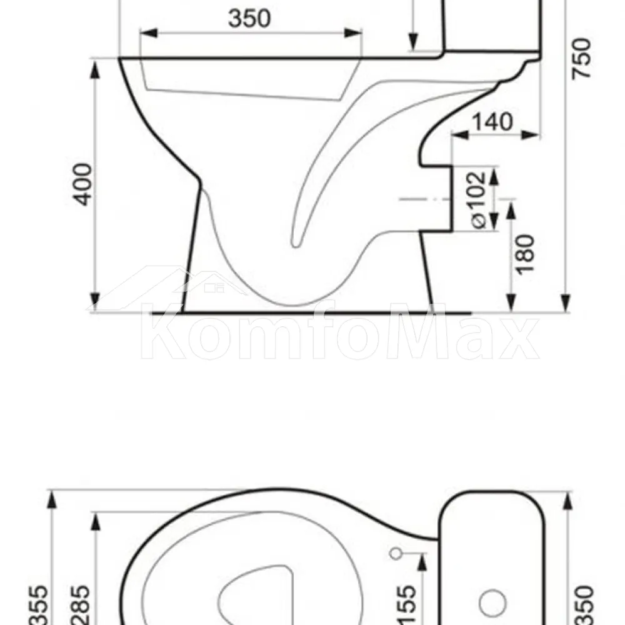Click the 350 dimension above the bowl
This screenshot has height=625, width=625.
click(249, 18)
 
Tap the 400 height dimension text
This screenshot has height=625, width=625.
click(84, 184)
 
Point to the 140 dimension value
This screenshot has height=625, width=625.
click(492, 122)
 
